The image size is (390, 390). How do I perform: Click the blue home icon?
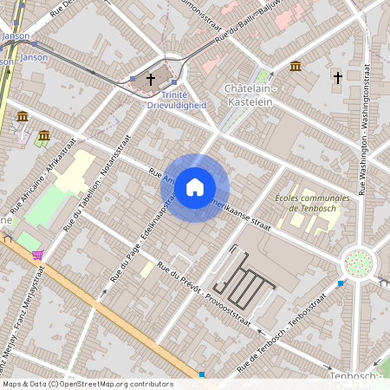pos(195,186)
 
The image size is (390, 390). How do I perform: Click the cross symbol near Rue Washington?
pos(337,78)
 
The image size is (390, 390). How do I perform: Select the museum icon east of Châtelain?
pos(296,67)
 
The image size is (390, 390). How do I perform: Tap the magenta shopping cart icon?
pos(37,255)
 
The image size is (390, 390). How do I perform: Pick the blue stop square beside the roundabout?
pos(341,283)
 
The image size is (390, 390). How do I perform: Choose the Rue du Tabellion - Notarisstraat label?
pos(90,192)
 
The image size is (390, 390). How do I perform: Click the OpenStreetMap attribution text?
pos(88,383)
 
